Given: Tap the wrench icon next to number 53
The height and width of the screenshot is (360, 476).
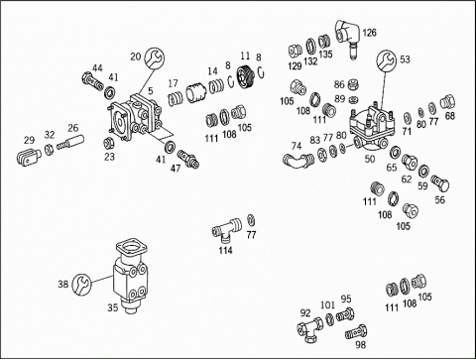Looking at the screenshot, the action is point(386,60).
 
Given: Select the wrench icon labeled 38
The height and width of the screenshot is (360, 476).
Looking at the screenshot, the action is point(81,284).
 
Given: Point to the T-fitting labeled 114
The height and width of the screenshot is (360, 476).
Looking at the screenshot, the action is point(226,228).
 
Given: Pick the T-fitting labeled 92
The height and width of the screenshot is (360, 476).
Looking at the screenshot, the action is point(310,329).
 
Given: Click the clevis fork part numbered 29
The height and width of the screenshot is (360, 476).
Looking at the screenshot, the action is point(28,157).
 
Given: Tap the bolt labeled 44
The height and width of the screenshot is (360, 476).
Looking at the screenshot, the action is point(92,82).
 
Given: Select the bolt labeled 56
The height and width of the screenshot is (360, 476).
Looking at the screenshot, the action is point(440,183).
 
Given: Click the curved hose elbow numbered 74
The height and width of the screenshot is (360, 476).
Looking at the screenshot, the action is point(298,161).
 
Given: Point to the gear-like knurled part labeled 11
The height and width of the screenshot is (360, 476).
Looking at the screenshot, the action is point(245,77).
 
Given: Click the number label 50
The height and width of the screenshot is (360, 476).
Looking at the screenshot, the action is point(370,159).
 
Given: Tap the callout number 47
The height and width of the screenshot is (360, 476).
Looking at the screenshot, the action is point(176,169).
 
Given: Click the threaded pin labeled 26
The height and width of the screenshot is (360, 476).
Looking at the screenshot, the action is point(70,143).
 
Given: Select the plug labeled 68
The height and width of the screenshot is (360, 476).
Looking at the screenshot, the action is point(447,102).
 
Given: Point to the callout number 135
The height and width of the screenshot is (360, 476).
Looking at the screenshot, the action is point(325,55).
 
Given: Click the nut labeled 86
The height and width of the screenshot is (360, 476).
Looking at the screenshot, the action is point(354,84).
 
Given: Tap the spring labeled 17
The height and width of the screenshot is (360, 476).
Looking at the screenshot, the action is point(176,98).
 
